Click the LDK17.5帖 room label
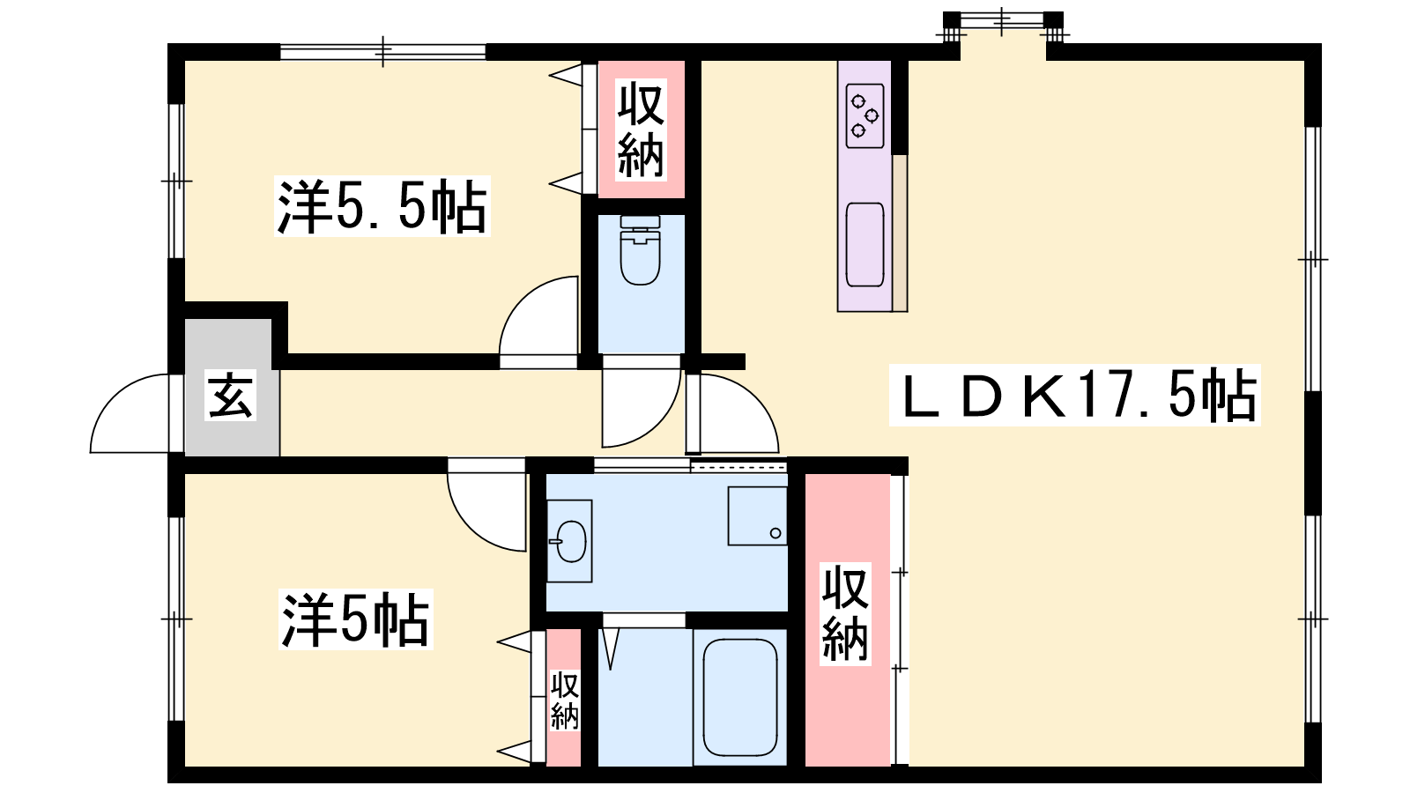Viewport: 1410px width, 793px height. coord(1074,395)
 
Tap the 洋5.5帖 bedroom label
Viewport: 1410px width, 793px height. coord(382,206)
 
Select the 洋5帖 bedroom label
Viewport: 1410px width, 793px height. coord(356,619)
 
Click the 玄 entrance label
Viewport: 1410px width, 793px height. coord(230,396)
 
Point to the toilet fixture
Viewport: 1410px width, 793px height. coord(640,250)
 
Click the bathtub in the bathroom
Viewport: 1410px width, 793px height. coord(739,697)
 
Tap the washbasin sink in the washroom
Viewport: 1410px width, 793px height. coord(570,541)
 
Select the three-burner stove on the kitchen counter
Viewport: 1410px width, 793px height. coord(865,115)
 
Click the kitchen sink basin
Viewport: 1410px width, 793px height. coord(865,245)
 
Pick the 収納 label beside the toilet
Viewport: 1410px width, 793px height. coord(641,130)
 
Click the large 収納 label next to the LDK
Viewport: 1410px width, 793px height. coord(845,613)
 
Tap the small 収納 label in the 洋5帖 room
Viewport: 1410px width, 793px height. coord(565,700)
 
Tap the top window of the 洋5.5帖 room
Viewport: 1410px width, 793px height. coord(382,52)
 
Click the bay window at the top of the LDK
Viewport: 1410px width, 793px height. coord(1003,23)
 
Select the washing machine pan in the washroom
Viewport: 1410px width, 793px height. coord(757,516)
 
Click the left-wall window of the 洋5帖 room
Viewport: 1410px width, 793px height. coord(176,619)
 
